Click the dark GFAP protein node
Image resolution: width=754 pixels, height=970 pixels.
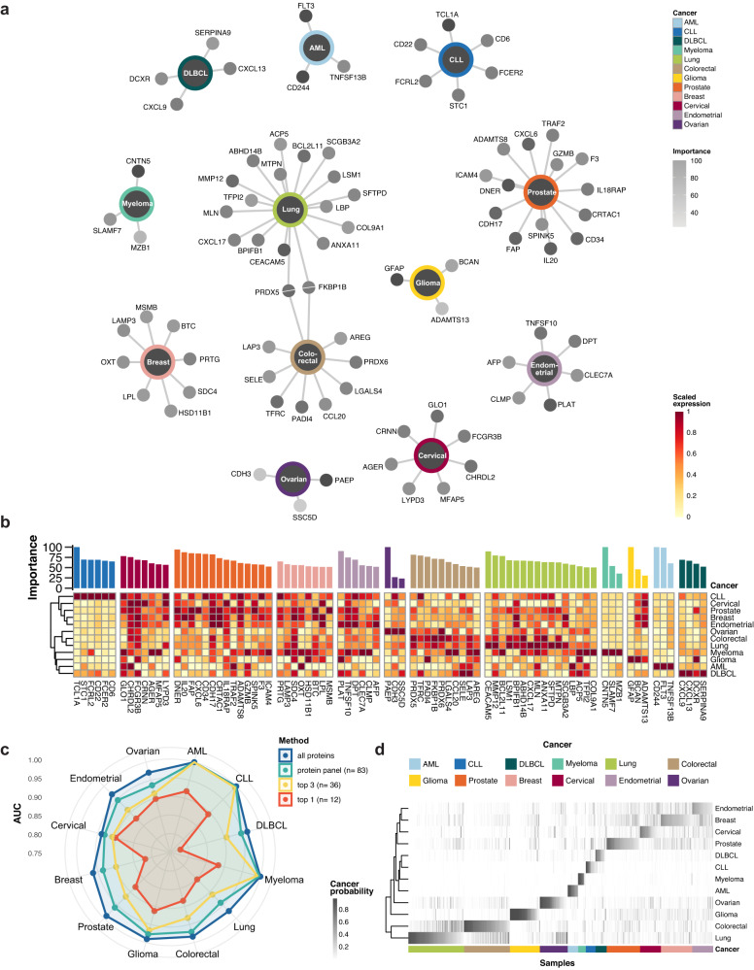(x=395, y=280)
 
